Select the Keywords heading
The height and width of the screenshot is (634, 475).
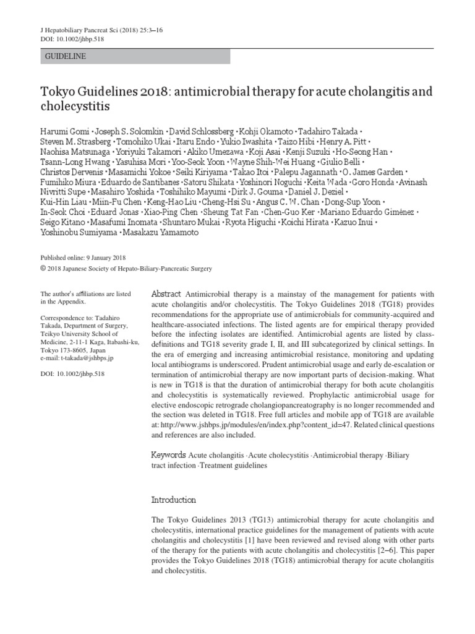click(x=169, y=455)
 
